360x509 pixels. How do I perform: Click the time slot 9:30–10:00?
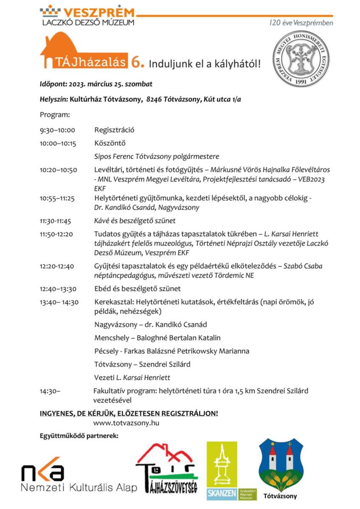pos(57,130)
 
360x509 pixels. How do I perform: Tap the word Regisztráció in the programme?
pos(114,130)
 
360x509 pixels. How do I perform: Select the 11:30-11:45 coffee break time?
pos(55,221)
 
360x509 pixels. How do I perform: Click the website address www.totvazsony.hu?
pos(127,423)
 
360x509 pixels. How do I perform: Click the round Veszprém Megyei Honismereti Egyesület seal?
pos(301,59)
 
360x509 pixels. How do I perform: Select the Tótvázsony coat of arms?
pos(281,465)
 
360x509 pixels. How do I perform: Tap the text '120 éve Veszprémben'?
pos(301,23)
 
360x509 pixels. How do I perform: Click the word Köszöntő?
pos(110,143)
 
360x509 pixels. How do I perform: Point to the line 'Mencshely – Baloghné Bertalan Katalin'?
pos(157,338)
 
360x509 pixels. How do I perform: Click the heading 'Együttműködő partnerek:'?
pos(79,436)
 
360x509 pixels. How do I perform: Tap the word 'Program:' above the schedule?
pos(55,115)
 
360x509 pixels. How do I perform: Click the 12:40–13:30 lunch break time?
pos(58,289)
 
